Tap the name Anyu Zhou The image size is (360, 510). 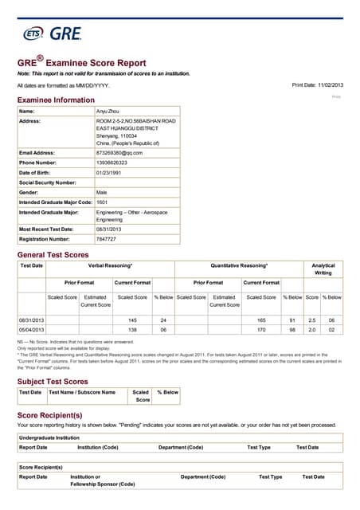[x=108, y=112]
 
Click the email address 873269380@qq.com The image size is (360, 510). [x=119, y=152]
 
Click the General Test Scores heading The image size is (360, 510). [x=53, y=254]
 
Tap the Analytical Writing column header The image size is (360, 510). [x=323, y=269]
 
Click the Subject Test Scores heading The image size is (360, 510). [x=53, y=381]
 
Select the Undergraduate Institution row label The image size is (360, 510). [x=50, y=437]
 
